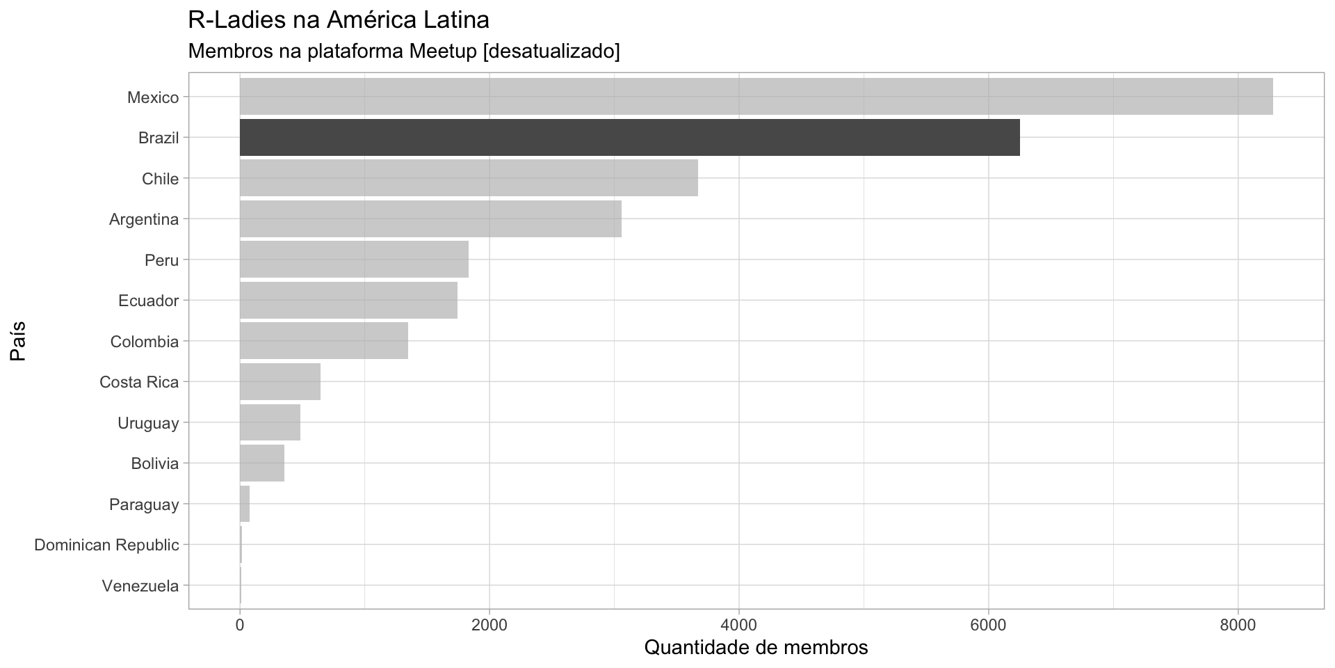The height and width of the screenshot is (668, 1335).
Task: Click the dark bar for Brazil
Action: tap(629, 138)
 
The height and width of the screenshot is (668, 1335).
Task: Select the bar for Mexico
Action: tap(756, 97)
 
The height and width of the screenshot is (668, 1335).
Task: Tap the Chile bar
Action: tap(469, 178)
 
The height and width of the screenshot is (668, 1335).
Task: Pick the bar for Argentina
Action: tap(430, 219)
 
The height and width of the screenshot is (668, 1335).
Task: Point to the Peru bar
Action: tap(354, 260)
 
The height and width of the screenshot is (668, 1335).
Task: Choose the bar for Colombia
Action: tap(324, 341)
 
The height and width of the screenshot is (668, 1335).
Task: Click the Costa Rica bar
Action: tap(280, 381)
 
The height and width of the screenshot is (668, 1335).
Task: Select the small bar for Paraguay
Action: tap(245, 504)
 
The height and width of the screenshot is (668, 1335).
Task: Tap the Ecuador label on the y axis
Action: tap(148, 301)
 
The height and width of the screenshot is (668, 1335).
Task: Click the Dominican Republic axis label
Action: tap(106, 545)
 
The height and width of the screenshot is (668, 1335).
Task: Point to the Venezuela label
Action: tap(140, 586)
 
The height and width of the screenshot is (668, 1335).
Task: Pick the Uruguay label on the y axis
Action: tap(148, 423)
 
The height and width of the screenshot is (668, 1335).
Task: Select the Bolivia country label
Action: tap(154, 463)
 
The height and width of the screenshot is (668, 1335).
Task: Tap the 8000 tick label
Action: tap(1238, 625)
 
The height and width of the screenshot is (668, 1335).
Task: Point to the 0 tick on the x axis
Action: tap(240, 625)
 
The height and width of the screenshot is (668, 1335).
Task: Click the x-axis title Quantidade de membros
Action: tap(756, 648)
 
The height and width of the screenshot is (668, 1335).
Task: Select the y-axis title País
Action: tap(19, 341)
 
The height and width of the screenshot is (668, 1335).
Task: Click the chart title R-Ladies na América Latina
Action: tap(339, 20)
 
